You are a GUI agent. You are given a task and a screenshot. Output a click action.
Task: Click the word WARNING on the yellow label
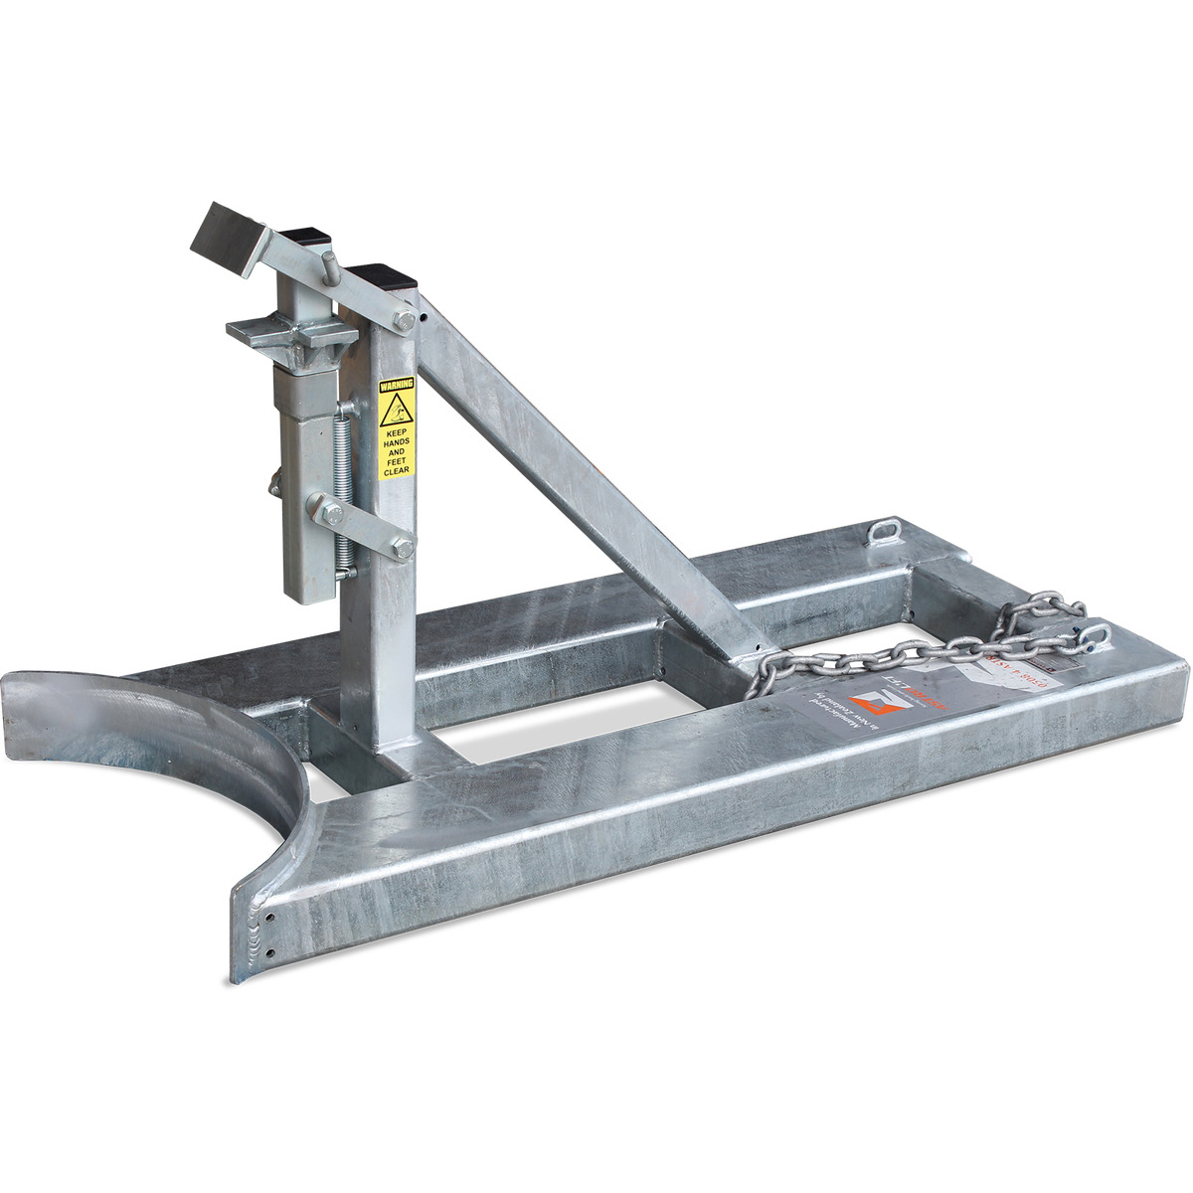coord(396,383)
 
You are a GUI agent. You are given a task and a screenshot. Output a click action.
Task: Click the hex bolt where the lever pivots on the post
coord(404,319)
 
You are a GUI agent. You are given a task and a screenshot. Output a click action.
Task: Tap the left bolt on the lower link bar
coord(333,513)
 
